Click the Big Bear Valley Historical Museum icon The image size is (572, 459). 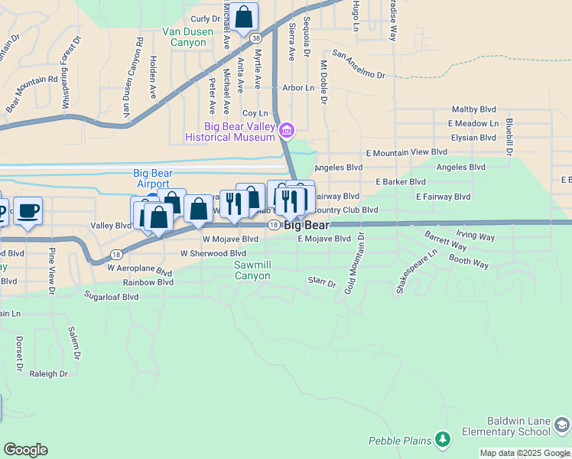(286, 131)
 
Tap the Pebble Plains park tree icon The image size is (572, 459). (442, 439)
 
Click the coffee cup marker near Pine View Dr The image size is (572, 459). (28, 210)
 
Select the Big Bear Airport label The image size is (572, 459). (151, 178)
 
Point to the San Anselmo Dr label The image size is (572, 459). (359, 70)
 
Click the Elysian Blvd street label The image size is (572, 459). (473, 138)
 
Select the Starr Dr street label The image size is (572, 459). (322, 282)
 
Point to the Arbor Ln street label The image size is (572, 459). (298, 89)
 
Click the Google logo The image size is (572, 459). (25, 450)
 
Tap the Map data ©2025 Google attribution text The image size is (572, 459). (525, 453)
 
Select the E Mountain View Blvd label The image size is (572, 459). (406, 153)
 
